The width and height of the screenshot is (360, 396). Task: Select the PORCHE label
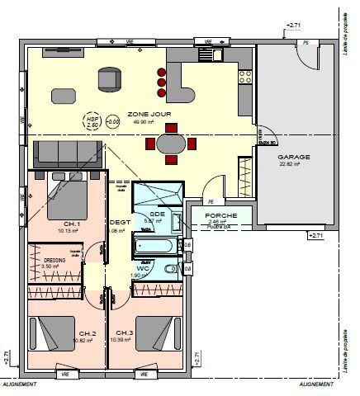click(x=221, y=215)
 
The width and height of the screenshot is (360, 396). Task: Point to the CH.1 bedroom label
click(x=71, y=224)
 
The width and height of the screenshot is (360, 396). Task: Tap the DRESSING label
click(x=54, y=259)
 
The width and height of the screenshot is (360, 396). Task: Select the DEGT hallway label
click(x=120, y=223)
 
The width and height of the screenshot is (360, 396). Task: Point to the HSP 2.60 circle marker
click(x=92, y=122)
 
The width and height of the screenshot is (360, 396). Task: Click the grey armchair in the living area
click(x=107, y=78)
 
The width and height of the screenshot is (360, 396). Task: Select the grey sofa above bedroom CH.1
click(x=67, y=153)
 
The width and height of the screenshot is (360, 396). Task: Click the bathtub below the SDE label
click(x=155, y=247)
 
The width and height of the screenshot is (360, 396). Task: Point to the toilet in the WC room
click(x=168, y=271)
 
